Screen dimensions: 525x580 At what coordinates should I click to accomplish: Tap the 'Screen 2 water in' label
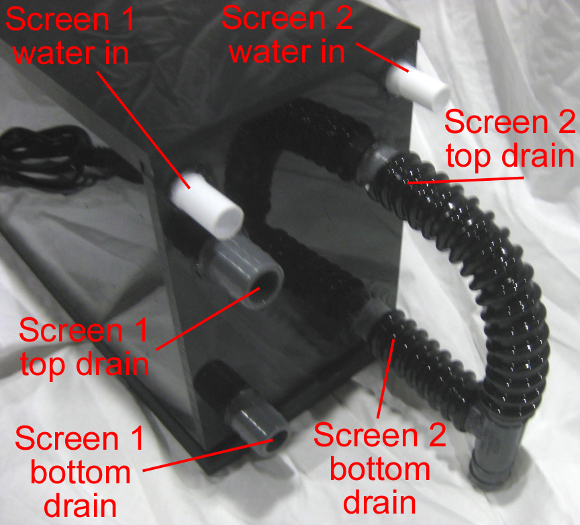pos(287,34)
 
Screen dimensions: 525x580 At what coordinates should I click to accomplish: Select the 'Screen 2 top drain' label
pos(509,139)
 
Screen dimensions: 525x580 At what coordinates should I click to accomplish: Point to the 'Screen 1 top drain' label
pos(83,347)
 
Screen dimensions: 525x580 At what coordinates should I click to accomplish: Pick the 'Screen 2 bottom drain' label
pos(380,467)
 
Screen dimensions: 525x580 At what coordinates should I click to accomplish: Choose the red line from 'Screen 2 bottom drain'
pos(385,380)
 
